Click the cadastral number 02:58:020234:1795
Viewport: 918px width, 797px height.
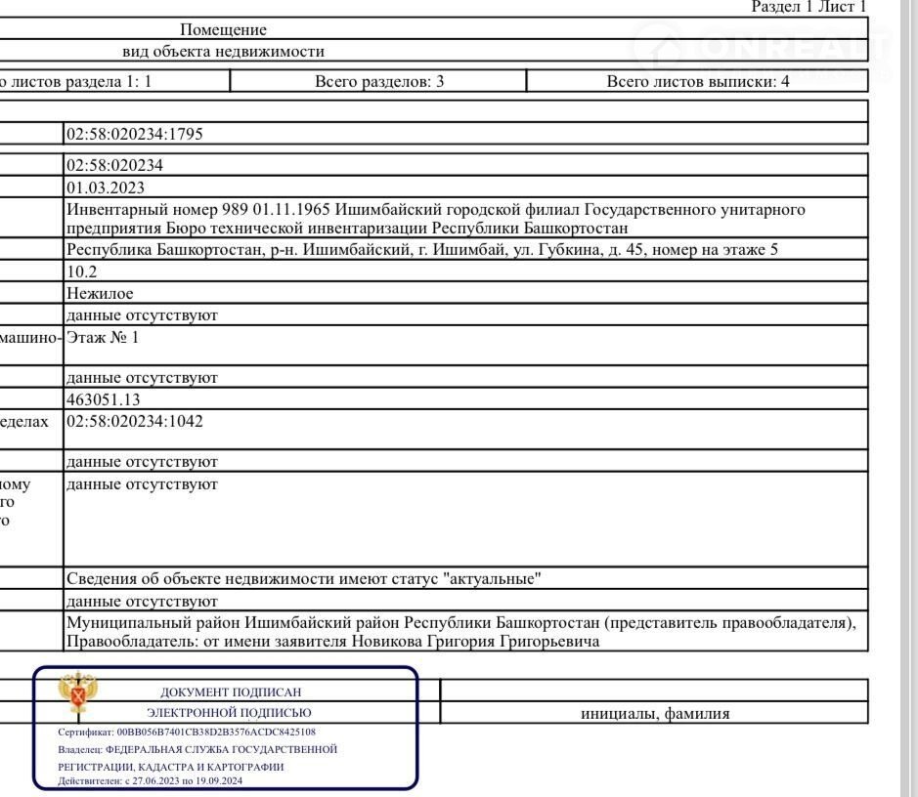pyautogui.click(x=134, y=134)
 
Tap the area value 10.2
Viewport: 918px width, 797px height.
pyautogui.click(x=81, y=272)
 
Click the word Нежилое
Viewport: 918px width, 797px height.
pyautogui.click(x=100, y=293)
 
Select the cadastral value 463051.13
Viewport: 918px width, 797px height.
pyautogui.click(x=104, y=399)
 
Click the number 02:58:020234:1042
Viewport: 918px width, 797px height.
pyautogui.click(x=134, y=421)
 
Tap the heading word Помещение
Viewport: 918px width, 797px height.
pyautogui.click(x=223, y=30)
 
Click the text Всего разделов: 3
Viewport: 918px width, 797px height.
pyautogui.click(x=379, y=82)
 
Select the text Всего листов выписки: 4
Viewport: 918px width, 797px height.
pyautogui.click(x=698, y=82)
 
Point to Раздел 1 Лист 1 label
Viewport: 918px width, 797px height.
pyautogui.click(x=809, y=7)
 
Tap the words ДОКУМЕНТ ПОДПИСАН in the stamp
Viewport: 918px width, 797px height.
pyautogui.click(x=231, y=692)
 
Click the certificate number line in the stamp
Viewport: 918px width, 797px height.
pyautogui.click(x=187, y=732)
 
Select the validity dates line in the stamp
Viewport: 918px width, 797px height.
pyautogui.click(x=151, y=781)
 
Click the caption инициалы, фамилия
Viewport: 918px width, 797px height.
pyautogui.click(x=655, y=714)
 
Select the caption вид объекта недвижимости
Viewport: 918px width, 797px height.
pyautogui.click(x=223, y=52)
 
